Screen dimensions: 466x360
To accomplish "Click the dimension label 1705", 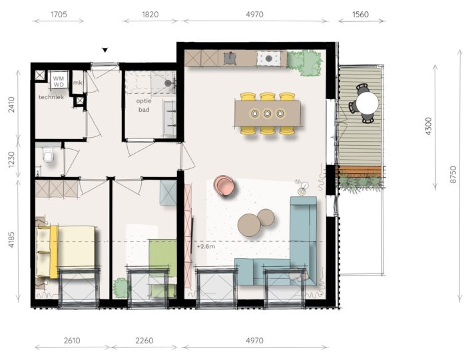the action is (x=59, y=14).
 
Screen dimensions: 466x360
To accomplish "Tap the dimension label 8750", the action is (x=453, y=174).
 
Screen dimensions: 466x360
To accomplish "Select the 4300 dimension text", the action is (x=428, y=126).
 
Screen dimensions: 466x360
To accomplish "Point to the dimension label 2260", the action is (x=144, y=340).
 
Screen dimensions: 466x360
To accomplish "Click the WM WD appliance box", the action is (x=59, y=81).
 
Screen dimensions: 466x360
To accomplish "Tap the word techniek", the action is (x=51, y=97).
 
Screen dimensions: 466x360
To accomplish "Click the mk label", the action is (x=78, y=83).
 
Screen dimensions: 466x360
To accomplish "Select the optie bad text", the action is (x=144, y=105).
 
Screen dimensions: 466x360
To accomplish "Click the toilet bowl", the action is (x=47, y=155).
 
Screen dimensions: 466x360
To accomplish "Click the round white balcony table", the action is (x=367, y=102).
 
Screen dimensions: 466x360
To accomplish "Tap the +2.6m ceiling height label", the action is (x=206, y=246).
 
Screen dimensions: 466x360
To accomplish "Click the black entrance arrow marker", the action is (x=105, y=50).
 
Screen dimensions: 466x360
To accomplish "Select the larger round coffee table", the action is (x=249, y=225).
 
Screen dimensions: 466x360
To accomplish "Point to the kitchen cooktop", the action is (x=269, y=58).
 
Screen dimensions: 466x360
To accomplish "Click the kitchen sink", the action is (x=229, y=58).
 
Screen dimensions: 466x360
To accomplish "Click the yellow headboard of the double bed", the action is (x=54, y=252).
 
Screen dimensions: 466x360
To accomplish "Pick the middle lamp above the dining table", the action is (x=267, y=113).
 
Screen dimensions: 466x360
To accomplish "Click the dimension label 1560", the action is (x=361, y=14).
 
